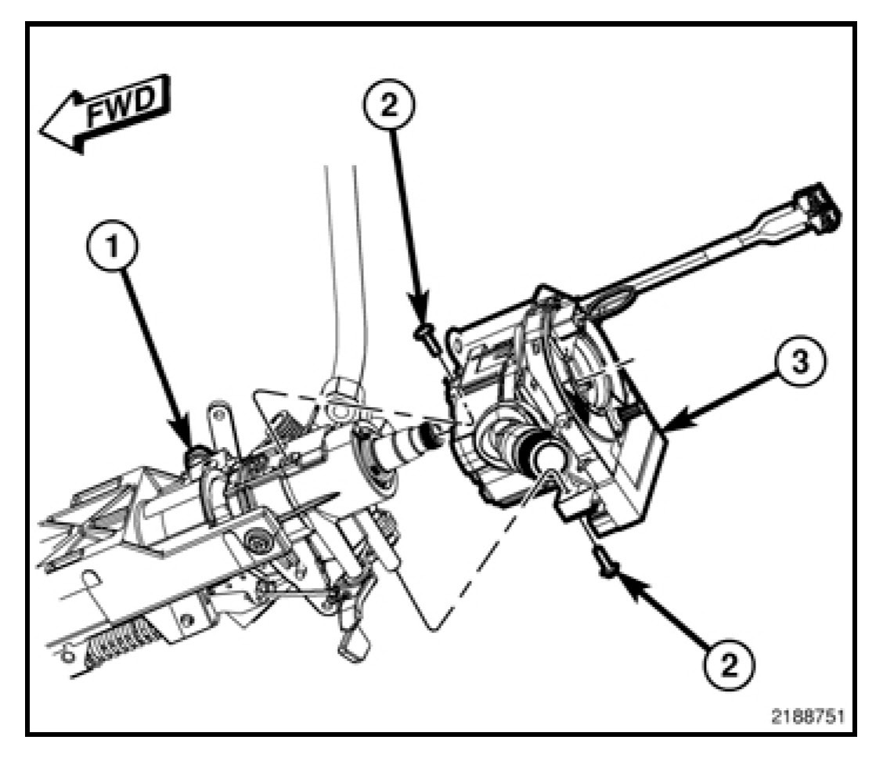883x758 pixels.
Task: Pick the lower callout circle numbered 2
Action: point(728,665)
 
